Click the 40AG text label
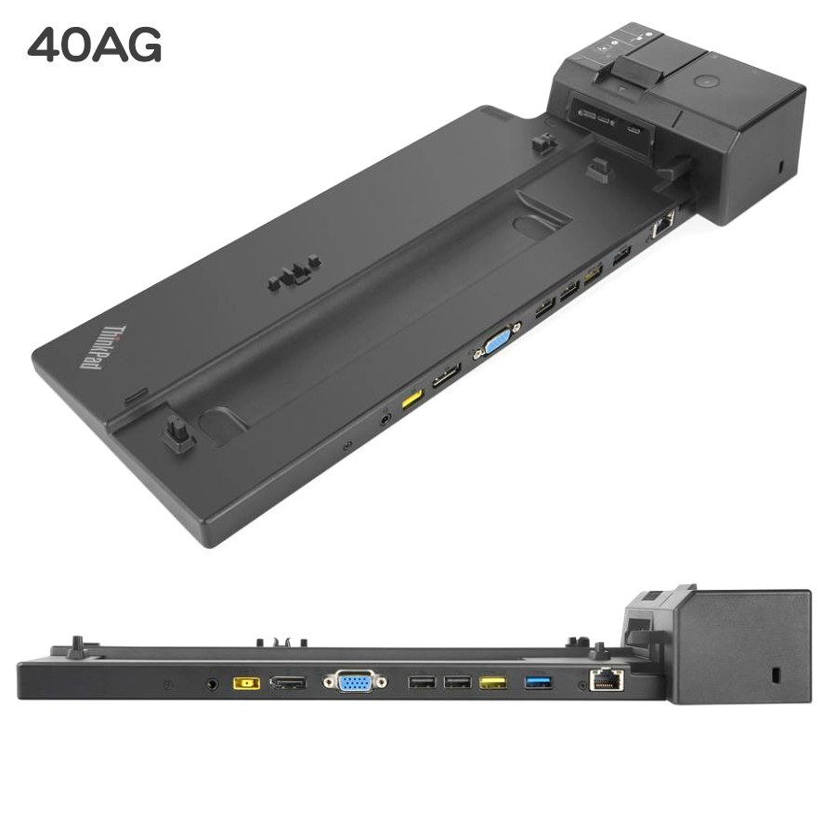[x=95, y=46]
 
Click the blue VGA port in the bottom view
[x=356, y=682]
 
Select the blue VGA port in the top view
[x=498, y=342]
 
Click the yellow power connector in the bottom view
[x=246, y=683]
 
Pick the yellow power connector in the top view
[x=412, y=399]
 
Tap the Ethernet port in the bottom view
[x=607, y=680]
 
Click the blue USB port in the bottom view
[x=539, y=683]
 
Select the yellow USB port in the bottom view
[x=493, y=683]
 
